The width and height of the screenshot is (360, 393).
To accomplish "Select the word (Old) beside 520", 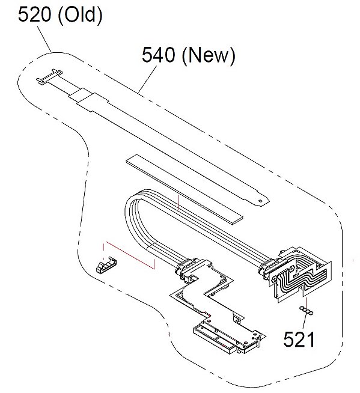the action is [x=80, y=15].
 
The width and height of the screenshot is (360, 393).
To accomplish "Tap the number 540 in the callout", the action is [x=158, y=55].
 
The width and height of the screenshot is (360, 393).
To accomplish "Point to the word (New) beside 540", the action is [x=209, y=56].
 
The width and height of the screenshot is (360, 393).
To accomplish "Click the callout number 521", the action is [x=299, y=339].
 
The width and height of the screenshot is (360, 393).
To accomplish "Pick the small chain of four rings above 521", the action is [x=307, y=310].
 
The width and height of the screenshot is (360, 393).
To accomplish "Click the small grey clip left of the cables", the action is [x=106, y=264].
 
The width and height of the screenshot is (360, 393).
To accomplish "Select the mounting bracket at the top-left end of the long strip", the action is [x=49, y=76].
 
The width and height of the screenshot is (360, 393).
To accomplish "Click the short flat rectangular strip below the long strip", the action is [x=185, y=189].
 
